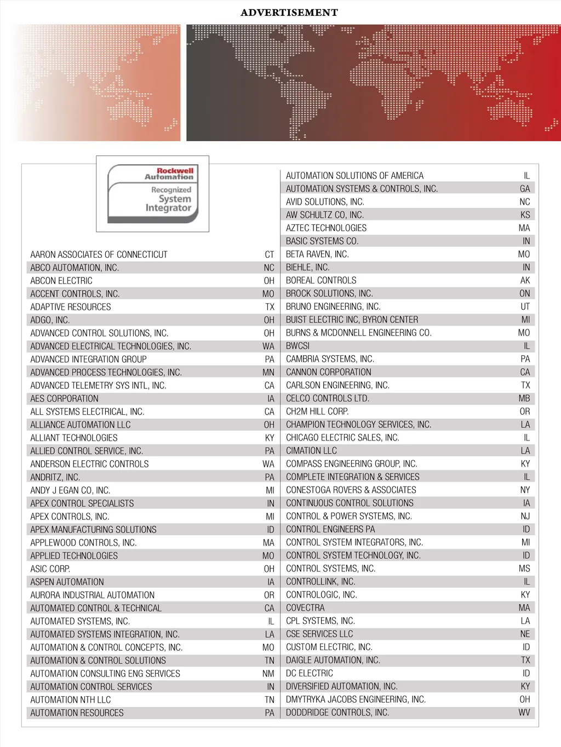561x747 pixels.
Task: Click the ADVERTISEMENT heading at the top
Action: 289,13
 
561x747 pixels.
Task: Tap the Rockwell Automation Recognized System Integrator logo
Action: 152,194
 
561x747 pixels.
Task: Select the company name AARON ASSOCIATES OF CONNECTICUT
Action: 99,254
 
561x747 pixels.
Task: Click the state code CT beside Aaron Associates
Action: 269,254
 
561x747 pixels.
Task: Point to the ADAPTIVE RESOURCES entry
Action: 71,307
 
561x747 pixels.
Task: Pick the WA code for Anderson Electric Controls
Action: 268,464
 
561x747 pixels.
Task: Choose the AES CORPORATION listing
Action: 64,398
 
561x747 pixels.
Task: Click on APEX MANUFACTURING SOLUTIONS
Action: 93,530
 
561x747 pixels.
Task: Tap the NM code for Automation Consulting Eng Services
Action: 268,674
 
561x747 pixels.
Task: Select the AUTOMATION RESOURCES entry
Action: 77,713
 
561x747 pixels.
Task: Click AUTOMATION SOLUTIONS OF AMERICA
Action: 354,176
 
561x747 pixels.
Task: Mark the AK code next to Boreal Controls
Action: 525,280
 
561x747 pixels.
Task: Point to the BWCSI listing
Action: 297,346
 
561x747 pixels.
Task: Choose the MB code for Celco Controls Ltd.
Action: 524,398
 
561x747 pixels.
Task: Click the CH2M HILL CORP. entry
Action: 317,412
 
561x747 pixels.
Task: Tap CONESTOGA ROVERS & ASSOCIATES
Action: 351,490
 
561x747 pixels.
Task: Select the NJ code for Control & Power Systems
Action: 525,516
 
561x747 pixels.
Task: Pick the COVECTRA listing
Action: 305,608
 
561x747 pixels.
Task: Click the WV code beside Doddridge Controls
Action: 524,713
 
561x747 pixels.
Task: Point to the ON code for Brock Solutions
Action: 525,293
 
